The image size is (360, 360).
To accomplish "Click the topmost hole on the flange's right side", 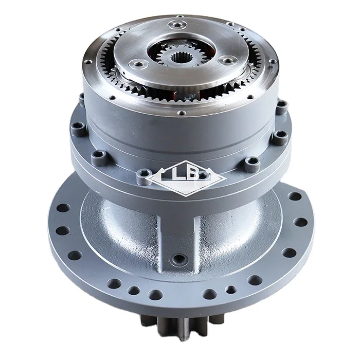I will coord(294,197).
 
